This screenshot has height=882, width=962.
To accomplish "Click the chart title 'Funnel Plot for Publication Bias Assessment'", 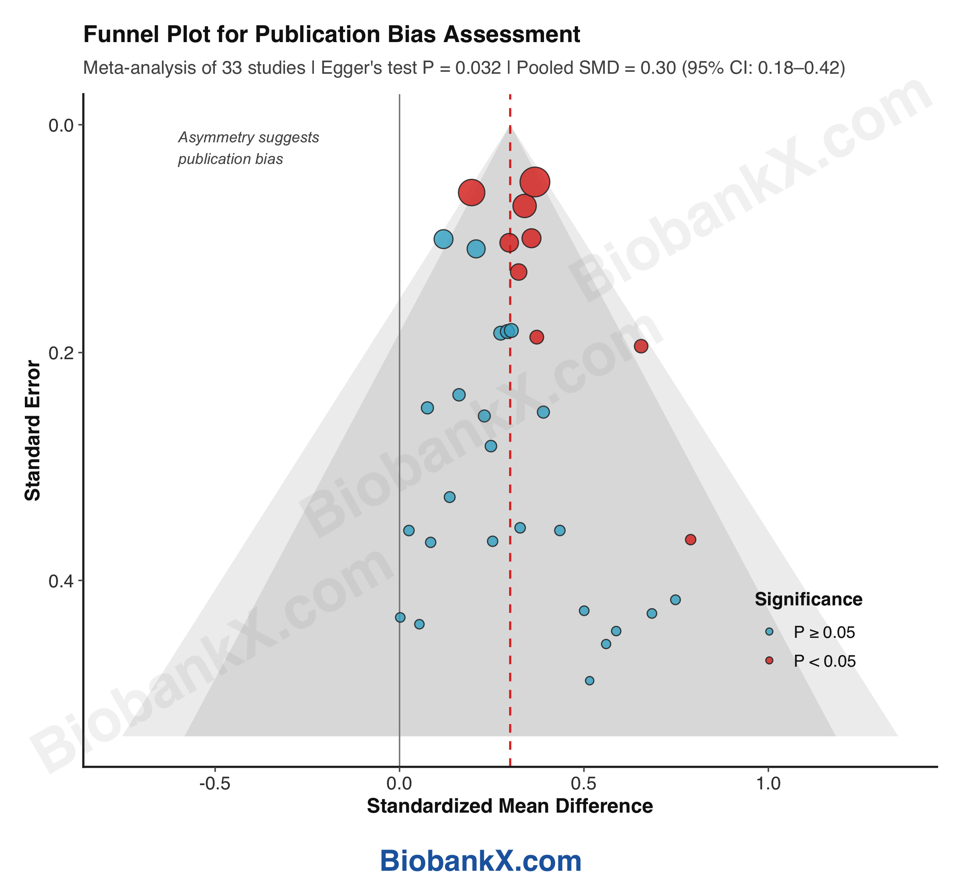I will pyautogui.click(x=331, y=35).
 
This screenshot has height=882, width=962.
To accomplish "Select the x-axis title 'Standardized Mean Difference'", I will pyautogui.click(x=509, y=806).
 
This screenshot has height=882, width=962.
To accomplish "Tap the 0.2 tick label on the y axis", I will pyautogui.click(x=60, y=353).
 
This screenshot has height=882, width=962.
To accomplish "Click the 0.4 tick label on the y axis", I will pyautogui.click(x=60, y=581).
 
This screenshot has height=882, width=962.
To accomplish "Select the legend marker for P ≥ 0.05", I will pyautogui.click(x=769, y=632).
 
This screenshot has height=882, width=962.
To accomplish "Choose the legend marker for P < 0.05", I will pyautogui.click(x=769, y=661).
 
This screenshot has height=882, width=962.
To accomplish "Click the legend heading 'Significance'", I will pyautogui.click(x=808, y=599).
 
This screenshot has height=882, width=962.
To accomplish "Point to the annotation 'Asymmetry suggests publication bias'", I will pyautogui.click(x=248, y=148).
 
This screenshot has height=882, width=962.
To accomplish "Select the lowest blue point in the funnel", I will pyautogui.click(x=589, y=681).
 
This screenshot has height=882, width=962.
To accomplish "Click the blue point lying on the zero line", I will pyautogui.click(x=400, y=617).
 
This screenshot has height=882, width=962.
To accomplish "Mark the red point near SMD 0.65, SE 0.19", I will pyautogui.click(x=641, y=346).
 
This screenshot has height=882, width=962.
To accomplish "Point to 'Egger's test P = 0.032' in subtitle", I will pyautogui.click(x=411, y=68).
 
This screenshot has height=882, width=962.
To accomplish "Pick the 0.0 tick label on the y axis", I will pyautogui.click(x=60, y=125).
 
